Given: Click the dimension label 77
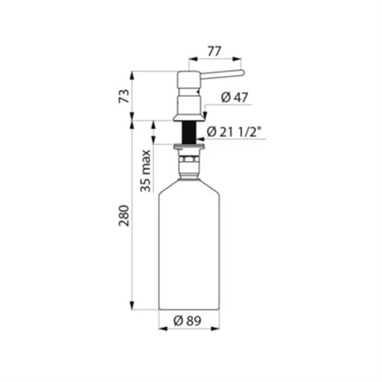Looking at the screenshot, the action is point(214,52).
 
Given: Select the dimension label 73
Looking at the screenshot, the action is point(124,96).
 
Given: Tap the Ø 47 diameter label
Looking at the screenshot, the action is point(234,98).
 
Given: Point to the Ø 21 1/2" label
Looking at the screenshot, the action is point(234,132).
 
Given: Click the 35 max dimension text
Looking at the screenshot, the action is point(145,171).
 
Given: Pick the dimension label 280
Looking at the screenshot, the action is point(124,216).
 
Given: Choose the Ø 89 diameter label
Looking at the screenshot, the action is point(187,321).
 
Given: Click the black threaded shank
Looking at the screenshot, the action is point(189,133).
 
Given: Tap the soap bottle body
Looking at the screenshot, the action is point(188,244).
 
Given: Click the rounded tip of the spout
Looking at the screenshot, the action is point(242,73).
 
